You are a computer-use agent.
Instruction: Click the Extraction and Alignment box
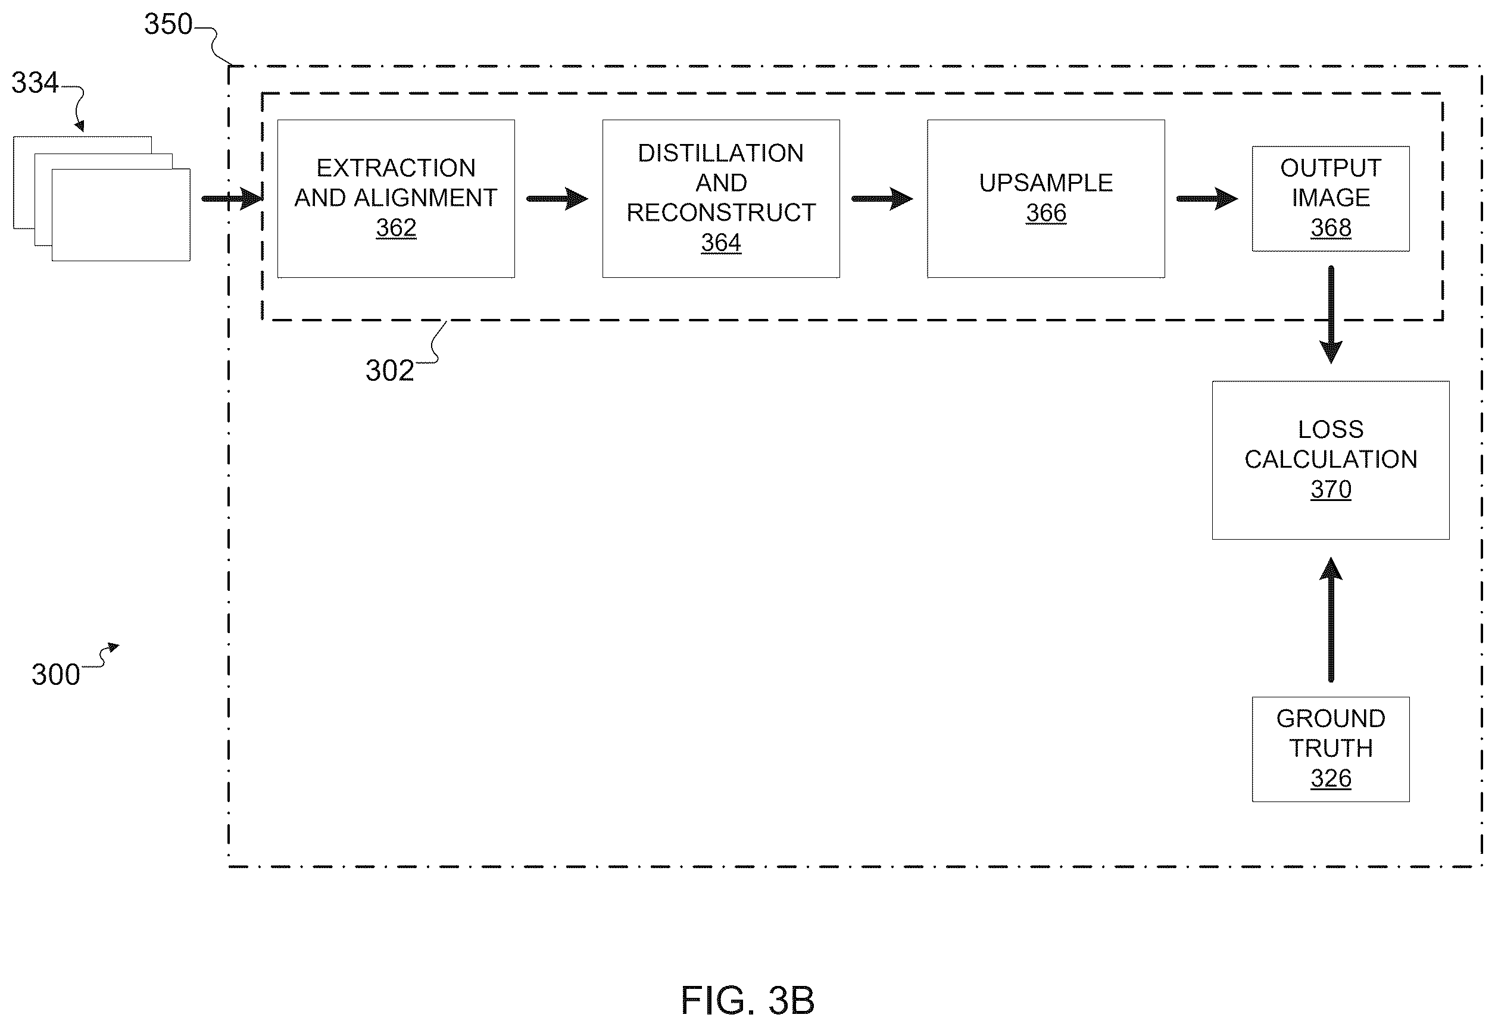[396, 199]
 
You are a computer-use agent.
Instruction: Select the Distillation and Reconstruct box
[721, 199]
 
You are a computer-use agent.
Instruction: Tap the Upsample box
[1045, 199]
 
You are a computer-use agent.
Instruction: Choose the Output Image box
[1331, 199]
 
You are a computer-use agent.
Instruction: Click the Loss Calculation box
[1331, 460]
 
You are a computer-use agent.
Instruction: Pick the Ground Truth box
[1331, 749]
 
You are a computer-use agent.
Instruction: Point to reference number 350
[168, 24]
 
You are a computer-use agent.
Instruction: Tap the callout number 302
[389, 371]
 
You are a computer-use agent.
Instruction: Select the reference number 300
[56, 674]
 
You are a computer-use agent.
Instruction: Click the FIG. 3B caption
[748, 1001]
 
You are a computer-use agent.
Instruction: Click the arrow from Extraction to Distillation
[557, 199]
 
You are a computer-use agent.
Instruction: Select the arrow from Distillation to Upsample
[883, 199]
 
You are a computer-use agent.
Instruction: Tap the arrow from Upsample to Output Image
[1207, 199]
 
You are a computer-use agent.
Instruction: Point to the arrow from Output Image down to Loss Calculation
[1331, 315]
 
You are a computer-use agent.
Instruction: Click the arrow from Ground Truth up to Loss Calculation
[1331, 619]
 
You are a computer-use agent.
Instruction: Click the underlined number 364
[721, 243]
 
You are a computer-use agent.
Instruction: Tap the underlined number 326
[1331, 779]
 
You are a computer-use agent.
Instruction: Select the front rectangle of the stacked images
[121, 215]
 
